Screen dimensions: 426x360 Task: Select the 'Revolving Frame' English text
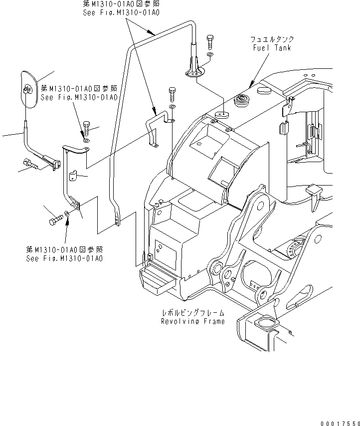tap(192, 321)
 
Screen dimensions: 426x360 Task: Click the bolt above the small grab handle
tap(172, 94)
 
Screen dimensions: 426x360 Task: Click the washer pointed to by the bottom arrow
tap(68, 217)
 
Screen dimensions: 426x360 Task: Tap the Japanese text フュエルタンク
tap(272, 39)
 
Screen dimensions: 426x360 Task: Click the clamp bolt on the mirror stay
tap(35, 163)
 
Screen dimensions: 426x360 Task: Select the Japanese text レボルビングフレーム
tap(192, 313)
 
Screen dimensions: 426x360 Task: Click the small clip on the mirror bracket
tap(73, 176)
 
